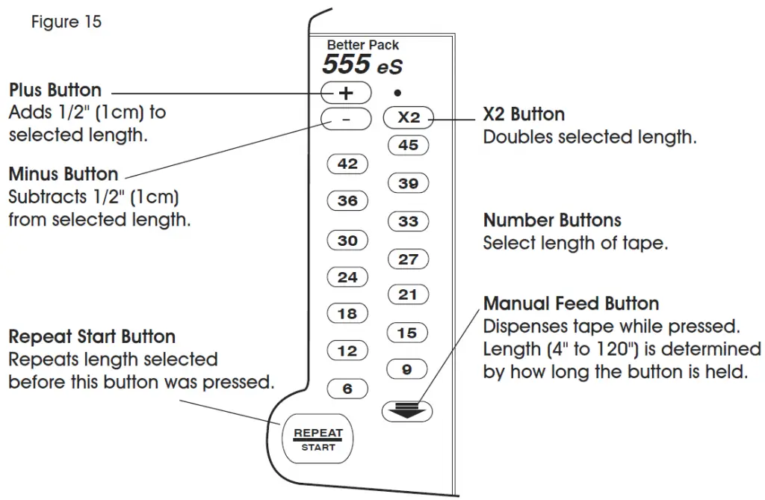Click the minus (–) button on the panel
pyautogui.click(x=346, y=118)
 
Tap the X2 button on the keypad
pyautogui.click(x=408, y=118)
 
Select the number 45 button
pyautogui.click(x=408, y=146)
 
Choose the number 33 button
pyautogui.click(x=408, y=222)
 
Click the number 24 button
pyautogui.click(x=347, y=277)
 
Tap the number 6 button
pyautogui.click(x=347, y=389)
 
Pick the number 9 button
pyautogui.click(x=408, y=368)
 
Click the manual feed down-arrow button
pyautogui.click(x=406, y=409)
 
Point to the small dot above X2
pyautogui.click(x=397, y=93)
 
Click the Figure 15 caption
pyautogui.click(x=66, y=22)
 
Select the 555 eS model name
pyautogui.click(x=362, y=65)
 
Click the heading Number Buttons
pyautogui.click(x=552, y=220)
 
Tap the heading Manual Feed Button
pyautogui.click(x=571, y=303)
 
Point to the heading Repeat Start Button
pyautogui.click(x=92, y=336)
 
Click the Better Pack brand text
pyautogui.click(x=363, y=45)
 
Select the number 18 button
pyautogui.click(x=347, y=314)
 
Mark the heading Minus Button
pyautogui.click(x=64, y=174)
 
